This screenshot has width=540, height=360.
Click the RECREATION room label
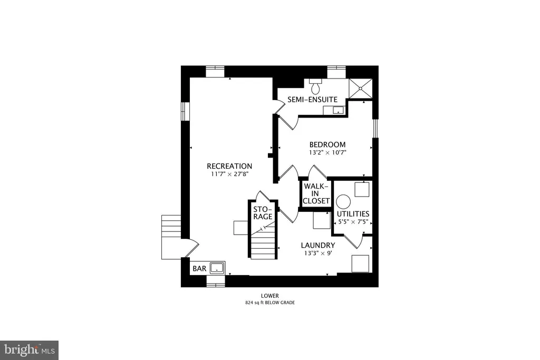coord(229,166)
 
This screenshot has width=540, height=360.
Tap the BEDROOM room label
coord(327,144)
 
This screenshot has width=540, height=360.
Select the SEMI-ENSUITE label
coord(312,100)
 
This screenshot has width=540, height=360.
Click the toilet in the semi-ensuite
coord(315,86)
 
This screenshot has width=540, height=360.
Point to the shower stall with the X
coord(361,89)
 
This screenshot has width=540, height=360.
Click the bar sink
coord(217,267)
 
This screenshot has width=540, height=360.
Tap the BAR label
coord(199,268)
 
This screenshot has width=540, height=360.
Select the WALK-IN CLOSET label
coord(316,193)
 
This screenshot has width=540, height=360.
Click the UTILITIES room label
coord(353,213)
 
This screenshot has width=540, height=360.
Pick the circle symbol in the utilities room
coord(343,202)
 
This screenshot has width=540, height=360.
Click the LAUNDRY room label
coord(318,246)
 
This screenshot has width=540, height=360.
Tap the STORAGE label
coord(263,213)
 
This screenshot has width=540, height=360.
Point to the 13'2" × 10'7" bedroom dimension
coord(327,152)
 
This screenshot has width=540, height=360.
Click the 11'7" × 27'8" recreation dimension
coord(230,174)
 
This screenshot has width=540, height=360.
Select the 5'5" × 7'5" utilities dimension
coord(353,222)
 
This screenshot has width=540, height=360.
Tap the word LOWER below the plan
coord(270,296)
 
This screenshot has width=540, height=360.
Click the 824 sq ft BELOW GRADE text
coord(270,303)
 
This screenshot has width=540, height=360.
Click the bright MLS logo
coord(30,351)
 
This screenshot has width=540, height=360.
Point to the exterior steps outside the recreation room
coord(171,237)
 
